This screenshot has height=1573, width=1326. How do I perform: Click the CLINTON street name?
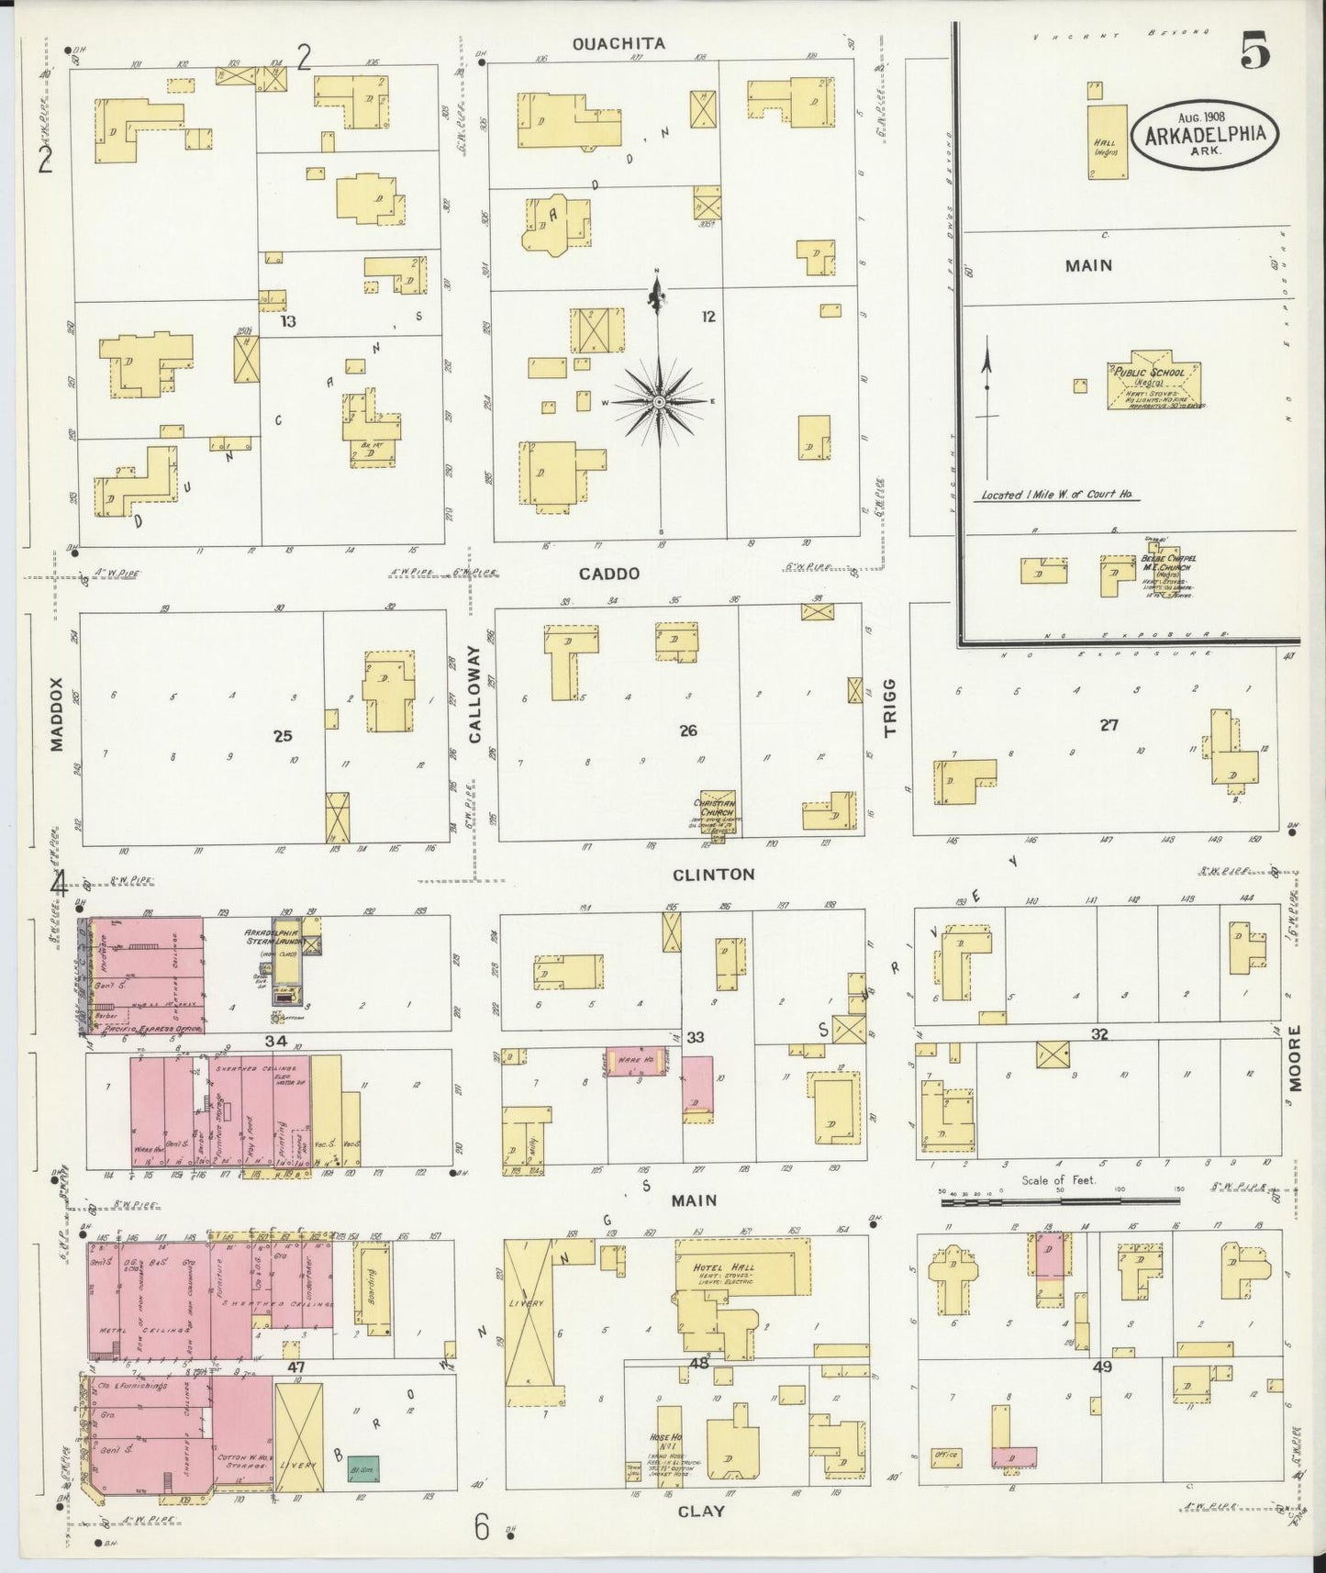coord(713,874)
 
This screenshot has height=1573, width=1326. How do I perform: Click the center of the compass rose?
coord(659,402)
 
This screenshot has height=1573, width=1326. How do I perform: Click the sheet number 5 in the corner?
coord(1255,52)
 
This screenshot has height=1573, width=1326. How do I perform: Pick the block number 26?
coord(688,731)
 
